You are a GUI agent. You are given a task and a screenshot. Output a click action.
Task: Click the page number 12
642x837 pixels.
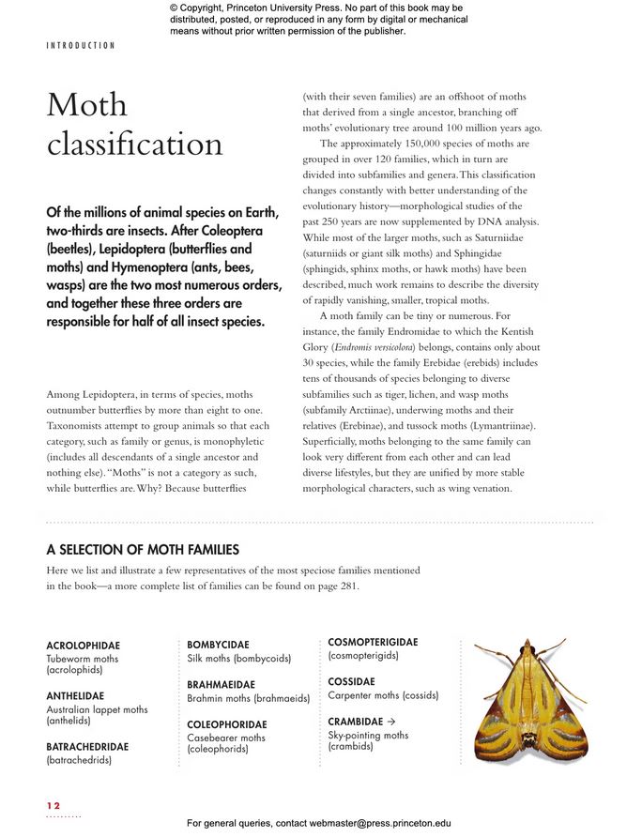tap(53, 805)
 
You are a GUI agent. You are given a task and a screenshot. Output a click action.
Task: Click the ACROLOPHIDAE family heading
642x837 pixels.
tap(83, 647)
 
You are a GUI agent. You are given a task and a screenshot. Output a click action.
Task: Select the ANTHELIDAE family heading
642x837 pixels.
tap(75, 696)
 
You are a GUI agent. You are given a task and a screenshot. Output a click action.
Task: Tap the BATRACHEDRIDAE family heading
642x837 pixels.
tap(87, 747)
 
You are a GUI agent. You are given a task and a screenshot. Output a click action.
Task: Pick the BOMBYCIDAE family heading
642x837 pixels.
tap(218, 646)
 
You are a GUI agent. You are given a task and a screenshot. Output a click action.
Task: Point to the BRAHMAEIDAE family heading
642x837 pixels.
tap(221, 685)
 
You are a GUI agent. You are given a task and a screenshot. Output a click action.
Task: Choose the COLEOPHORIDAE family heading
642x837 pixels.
tap(226, 725)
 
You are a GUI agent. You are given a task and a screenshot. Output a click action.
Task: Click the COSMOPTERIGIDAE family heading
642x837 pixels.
tap(373, 643)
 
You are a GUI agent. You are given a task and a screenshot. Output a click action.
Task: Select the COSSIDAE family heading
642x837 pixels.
tap(351, 682)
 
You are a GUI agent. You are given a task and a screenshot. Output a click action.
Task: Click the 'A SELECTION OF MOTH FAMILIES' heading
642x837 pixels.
tap(142, 550)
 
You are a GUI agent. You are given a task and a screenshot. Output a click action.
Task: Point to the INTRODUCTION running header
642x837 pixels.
tap(81, 45)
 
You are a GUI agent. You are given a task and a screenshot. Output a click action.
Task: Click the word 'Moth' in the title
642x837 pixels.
tap(86, 105)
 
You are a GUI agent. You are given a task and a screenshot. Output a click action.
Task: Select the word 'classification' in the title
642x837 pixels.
tap(134, 145)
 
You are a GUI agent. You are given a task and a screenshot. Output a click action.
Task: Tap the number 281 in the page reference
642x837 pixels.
tap(346, 586)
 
